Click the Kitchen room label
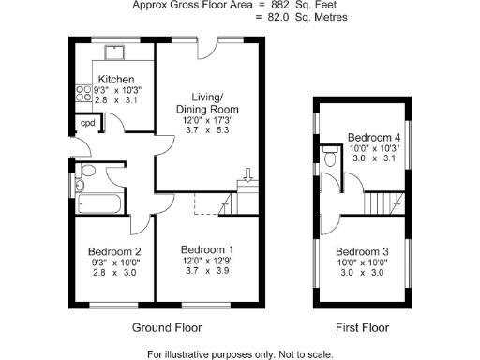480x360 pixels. click(115, 80)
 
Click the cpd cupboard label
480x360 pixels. click(87, 123)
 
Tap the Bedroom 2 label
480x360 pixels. click(114, 251)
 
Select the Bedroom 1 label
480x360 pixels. click(206, 249)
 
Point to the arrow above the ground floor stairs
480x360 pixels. click(247, 174)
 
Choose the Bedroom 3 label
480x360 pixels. click(362, 251)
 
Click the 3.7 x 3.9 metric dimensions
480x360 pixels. click(206, 272)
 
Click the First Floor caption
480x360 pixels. click(362, 327)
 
